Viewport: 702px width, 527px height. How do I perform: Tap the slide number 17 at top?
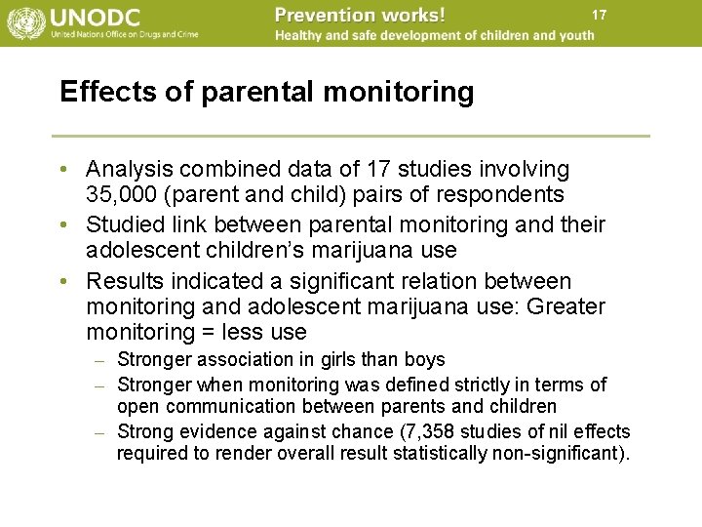click(x=599, y=15)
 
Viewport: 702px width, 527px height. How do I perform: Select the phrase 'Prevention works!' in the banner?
click(x=360, y=15)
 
